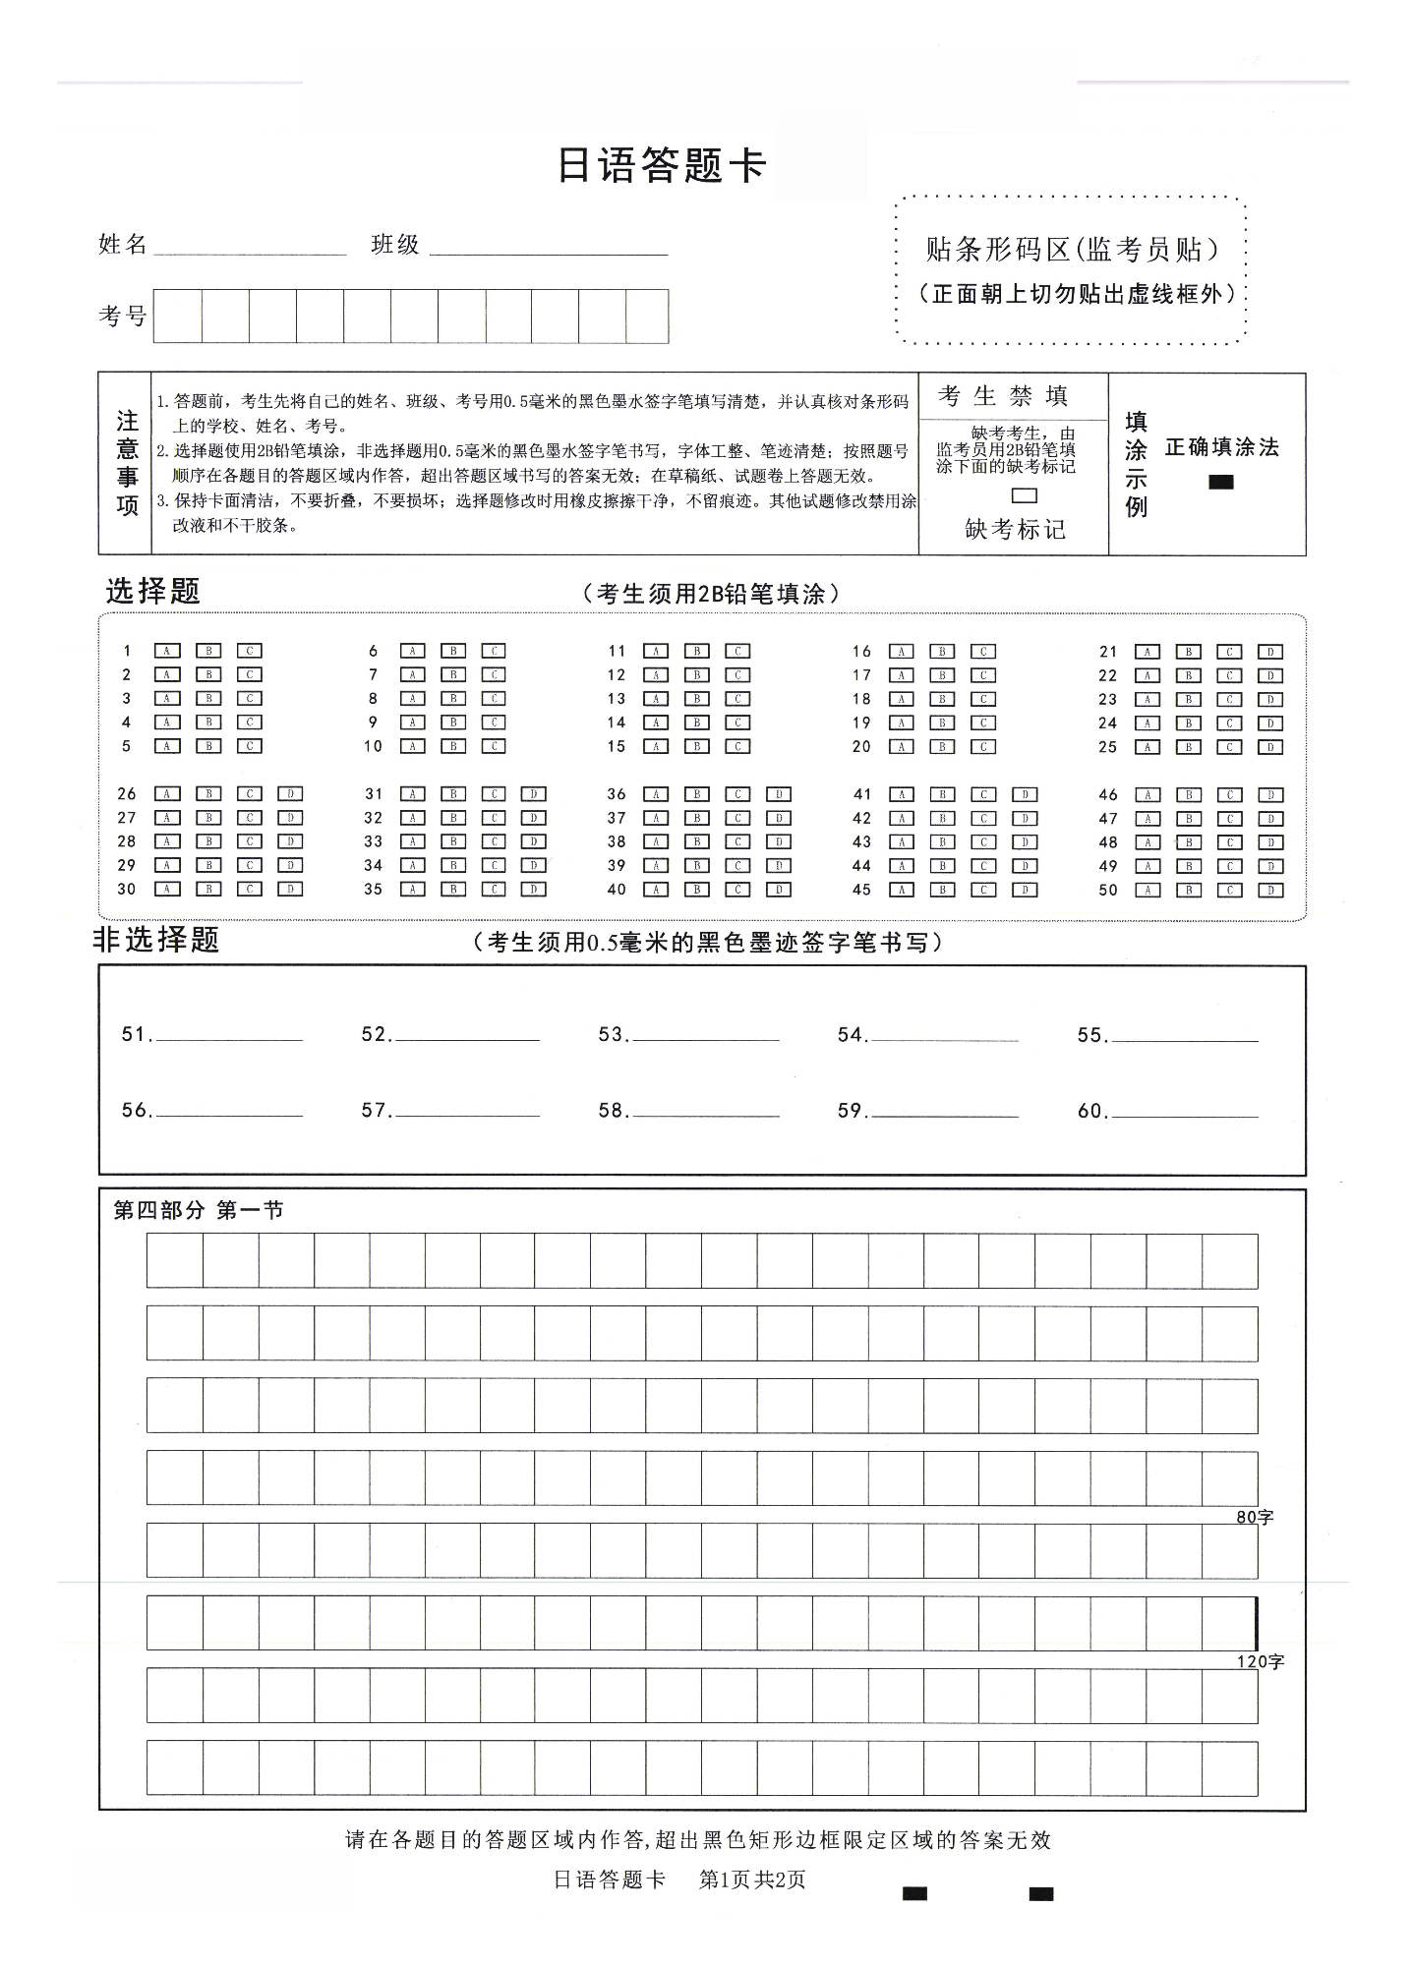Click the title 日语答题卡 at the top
tap(661, 165)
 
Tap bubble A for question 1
tap(167, 651)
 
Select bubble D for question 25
tap(1270, 747)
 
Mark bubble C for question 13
tap(737, 699)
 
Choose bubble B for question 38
tap(696, 842)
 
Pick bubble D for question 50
tap(1270, 891)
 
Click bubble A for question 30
tap(167, 890)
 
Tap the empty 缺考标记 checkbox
tap(1025, 496)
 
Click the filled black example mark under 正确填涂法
tap(1220, 482)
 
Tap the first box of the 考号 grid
tap(178, 316)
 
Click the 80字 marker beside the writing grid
tap(1254, 1518)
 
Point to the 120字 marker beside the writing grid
tap(1260, 1662)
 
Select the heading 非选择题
tap(156, 940)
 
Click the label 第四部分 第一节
tap(199, 1211)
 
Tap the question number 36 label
tap(617, 794)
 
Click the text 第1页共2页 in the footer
tap(752, 1879)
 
